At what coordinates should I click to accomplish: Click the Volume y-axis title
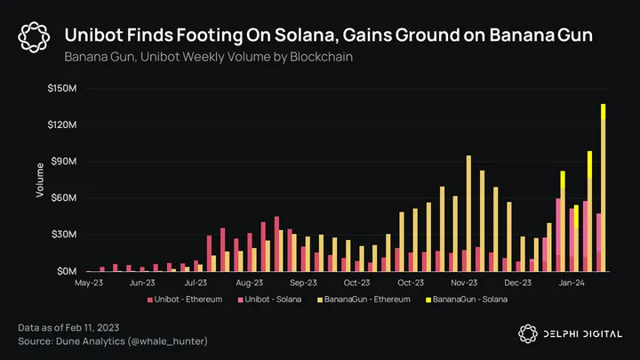[40, 180]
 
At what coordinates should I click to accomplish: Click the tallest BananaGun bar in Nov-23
[468, 213]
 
